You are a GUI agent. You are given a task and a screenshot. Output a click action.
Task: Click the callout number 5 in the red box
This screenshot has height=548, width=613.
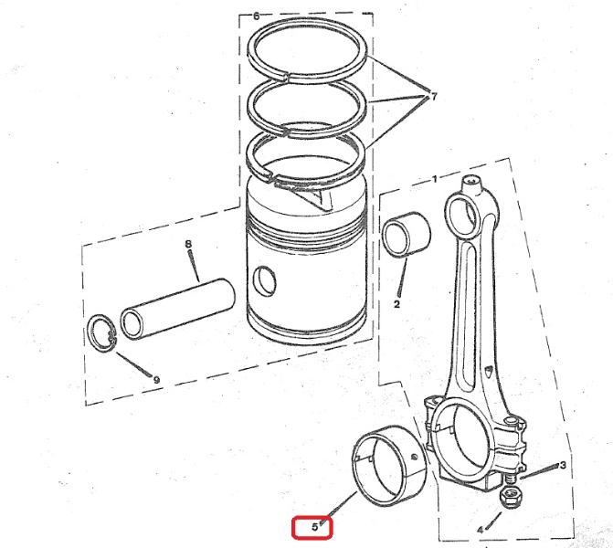pyautogui.click(x=314, y=527)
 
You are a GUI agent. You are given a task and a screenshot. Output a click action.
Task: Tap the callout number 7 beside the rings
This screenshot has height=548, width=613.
pyautogui.click(x=433, y=96)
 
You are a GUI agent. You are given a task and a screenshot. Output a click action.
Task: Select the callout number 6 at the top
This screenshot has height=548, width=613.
pyautogui.click(x=256, y=16)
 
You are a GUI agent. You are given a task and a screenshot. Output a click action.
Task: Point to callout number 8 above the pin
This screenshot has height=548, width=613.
pyautogui.click(x=188, y=244)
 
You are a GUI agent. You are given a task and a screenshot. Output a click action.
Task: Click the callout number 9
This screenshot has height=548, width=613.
pyautogui.click(x=156, y=380)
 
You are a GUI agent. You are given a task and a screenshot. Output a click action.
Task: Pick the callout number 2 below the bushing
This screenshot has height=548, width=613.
pyautogui.click(x=396, y=304)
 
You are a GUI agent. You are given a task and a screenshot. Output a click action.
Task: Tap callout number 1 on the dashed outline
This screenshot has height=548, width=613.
pyautogui.click(x=435, y=179)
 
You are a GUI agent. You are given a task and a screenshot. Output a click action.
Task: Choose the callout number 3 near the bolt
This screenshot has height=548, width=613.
pyautogui.click(x=563, y=465)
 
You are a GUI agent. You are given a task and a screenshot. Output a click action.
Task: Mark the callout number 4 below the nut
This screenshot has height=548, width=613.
pyautogui.click(x=481, y=530)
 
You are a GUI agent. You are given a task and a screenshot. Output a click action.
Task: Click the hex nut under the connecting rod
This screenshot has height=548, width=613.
pyautogui.click(x=510, y=497)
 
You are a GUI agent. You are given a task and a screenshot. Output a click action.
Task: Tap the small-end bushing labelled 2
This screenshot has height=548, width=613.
pyautogui.click(x=407, y=235)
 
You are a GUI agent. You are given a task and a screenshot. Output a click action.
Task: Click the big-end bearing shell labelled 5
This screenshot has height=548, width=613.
pyautogui.click(x=390, y=467)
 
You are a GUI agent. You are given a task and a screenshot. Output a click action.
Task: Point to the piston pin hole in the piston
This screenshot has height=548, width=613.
pyautogui.click(x=265, y=280)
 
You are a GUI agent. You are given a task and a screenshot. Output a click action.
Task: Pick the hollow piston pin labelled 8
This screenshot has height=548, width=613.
pyautogui.click(x=177, y=308)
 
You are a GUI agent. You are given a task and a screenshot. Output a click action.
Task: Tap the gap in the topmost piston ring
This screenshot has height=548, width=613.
pyautogui.click(x=288, y=77)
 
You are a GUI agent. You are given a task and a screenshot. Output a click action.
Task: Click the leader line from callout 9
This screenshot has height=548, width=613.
pyautogui.click(x=133, y=364)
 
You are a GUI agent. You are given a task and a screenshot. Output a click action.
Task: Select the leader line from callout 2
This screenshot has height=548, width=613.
pyautogui.click(x=403, y=277)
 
